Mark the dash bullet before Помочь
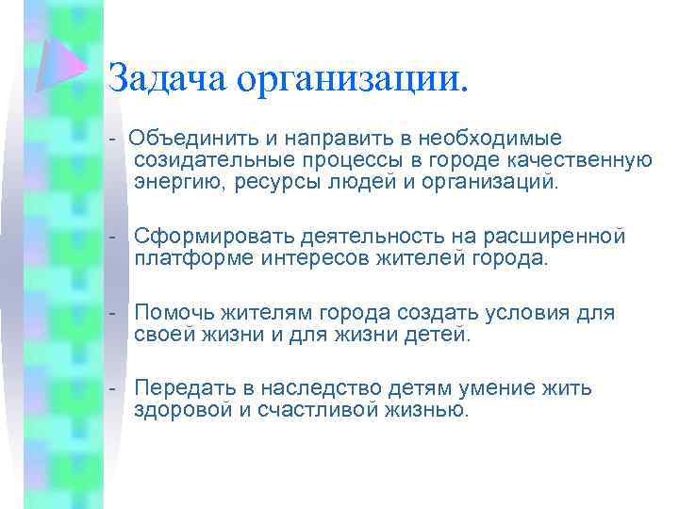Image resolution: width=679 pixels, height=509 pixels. coord(112,312)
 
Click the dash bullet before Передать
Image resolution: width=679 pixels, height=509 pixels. coord(112,388)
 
